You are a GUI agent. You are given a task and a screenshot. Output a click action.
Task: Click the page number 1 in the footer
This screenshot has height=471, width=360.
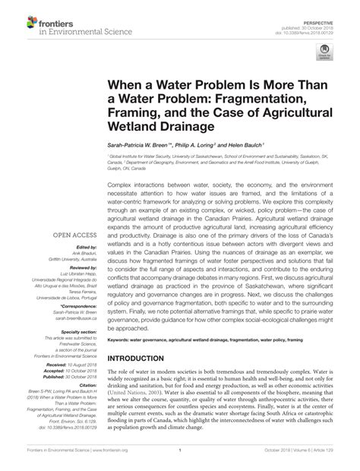coord(180,460)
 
